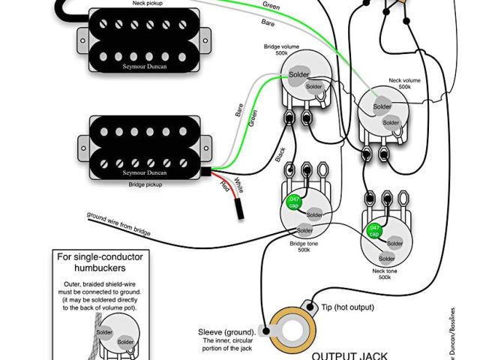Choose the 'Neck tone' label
384,270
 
